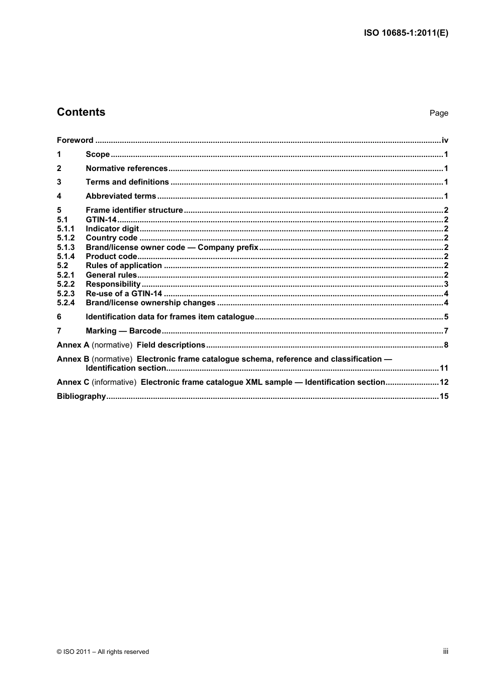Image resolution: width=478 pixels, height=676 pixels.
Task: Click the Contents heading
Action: [81, 112]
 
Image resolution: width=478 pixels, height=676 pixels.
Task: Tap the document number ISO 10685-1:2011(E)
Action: [406, 33]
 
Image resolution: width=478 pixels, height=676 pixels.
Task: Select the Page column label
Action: [438, 113]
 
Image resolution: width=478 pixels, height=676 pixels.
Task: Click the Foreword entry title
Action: [75, 140]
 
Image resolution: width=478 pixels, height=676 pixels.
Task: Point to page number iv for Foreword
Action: [445, 140]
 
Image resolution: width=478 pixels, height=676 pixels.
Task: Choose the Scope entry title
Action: [98, 154]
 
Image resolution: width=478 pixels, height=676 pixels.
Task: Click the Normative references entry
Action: [126, 168]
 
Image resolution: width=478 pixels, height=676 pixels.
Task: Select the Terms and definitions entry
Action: [127, 182]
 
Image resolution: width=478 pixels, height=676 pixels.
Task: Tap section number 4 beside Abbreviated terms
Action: [59, 196]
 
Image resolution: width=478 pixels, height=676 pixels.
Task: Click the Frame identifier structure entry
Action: [134, 210]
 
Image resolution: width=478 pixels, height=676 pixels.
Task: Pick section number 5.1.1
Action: [65, 229]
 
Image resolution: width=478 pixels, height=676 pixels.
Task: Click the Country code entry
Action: [111, 238]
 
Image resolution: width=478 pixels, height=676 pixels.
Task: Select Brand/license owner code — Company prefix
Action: [172, 247]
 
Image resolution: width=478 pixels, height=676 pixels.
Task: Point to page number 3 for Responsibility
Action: [446, 284]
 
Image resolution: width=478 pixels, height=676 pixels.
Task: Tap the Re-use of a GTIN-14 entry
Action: [124, 294]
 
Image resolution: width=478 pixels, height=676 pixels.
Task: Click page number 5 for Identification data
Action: [446, 317]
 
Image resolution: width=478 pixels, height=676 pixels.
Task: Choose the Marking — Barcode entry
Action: [123, 331]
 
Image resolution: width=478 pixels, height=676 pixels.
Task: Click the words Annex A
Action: [73, 345]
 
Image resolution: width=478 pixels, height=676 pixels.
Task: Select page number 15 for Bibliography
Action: [444, 396]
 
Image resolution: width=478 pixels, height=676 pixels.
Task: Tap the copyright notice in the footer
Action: [103, 652]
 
